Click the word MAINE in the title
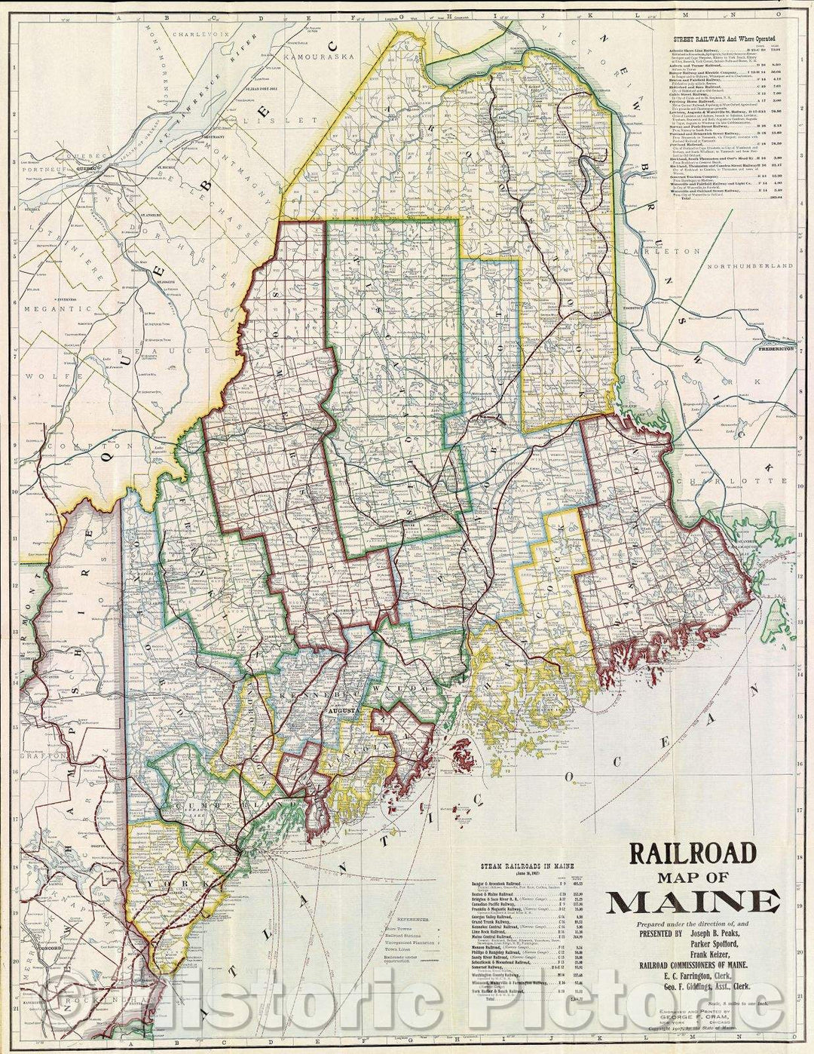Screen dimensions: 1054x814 (693, 902)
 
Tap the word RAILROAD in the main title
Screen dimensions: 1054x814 (693, 853)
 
